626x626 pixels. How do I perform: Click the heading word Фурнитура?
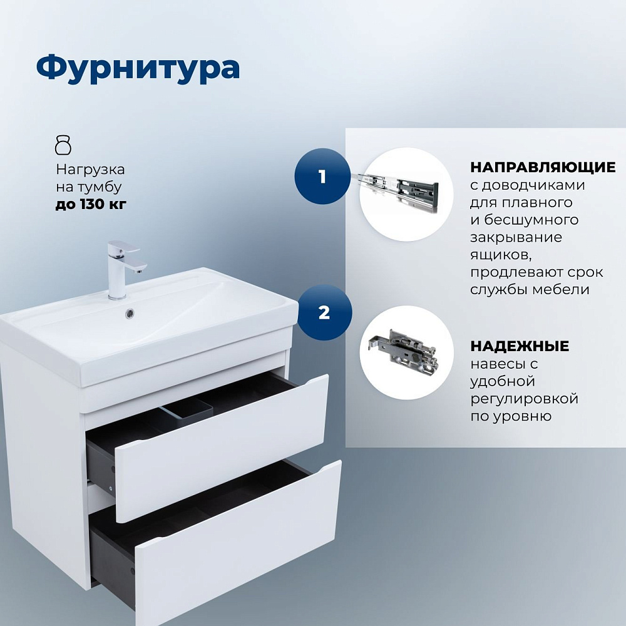pos(138,68)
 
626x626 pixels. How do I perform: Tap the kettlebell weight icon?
pos(63,145)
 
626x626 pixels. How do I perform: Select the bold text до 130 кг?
pos(91,204)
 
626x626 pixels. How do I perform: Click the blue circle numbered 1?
pos(322,176)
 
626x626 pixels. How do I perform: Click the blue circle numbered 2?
pos(324,312)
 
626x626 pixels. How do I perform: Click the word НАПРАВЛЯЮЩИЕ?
pos(543,167)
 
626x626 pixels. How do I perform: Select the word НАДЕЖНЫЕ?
pos(520,346)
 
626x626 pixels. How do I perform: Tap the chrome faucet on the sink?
pos(123,269)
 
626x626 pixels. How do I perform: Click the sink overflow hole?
pos(130,314)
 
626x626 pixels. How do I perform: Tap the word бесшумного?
pos(531,220)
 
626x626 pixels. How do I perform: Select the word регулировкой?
pos(524,398)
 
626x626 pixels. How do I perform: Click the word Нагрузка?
pos(90,170)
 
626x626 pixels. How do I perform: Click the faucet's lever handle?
pos(124,245)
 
